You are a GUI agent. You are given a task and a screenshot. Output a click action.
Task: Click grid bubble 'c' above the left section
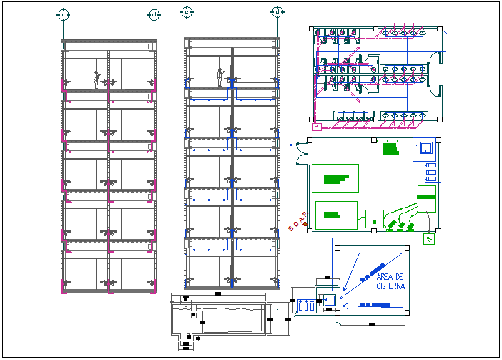point(64,14)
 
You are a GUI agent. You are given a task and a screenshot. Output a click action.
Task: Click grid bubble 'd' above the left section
point(154,14)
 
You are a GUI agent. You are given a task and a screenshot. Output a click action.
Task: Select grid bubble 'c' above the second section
point(186,12)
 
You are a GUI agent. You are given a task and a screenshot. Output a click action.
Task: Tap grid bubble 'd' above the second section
point(277,12)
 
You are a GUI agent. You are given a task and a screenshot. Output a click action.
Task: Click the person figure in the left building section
point(97,80)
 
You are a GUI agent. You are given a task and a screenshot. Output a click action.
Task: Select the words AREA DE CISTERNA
point(390,281)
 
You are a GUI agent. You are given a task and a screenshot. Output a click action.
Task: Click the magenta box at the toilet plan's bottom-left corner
point(317,127)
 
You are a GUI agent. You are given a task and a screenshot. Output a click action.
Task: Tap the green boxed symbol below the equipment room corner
point(429,239)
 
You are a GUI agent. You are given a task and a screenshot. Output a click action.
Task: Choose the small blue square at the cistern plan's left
point(330,300)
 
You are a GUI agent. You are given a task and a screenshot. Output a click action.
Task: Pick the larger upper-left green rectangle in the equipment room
point(335,178)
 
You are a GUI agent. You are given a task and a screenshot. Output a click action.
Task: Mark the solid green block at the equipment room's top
point(390,149)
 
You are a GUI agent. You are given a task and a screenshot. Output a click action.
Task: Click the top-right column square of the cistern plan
point(406,249)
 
